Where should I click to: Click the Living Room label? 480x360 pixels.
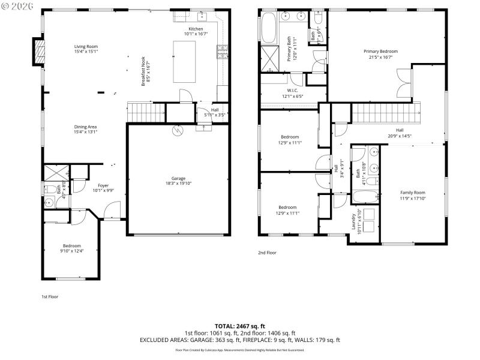pyautogui.click(x=86, y=47)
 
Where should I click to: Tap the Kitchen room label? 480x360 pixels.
pyautogui.click(x=196, y=29)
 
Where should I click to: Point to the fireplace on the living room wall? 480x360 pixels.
pyautogui.click(x=39, y=52)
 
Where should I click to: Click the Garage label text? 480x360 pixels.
pyautogui.click(x=178, y=178)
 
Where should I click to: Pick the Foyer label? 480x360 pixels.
pyautogui.click(x=103, y=185)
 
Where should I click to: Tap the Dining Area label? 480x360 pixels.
pyautogui.click(x=86, y=127)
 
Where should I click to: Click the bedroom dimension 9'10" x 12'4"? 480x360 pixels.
pyautogui.click(x=72, y=251)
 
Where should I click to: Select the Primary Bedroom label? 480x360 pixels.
pyautogui.click(x=380, y=52)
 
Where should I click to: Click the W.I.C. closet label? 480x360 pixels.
pyautogui.click(x=293, y=91)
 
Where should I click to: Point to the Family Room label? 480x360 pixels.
pyautogui.click(x=412, y=193)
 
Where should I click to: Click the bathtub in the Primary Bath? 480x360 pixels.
pyautogui.click(x=269, y=27)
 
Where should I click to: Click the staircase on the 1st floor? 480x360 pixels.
pyautogui.click(x=146, y=112)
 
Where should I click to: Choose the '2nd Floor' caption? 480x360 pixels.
pyautogui.click(x=267, y=253)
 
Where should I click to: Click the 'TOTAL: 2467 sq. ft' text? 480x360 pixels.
pyautogui.click(x=239, y=326)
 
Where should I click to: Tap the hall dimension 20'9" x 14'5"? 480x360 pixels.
pyautogui.click(x=399, y=135)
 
